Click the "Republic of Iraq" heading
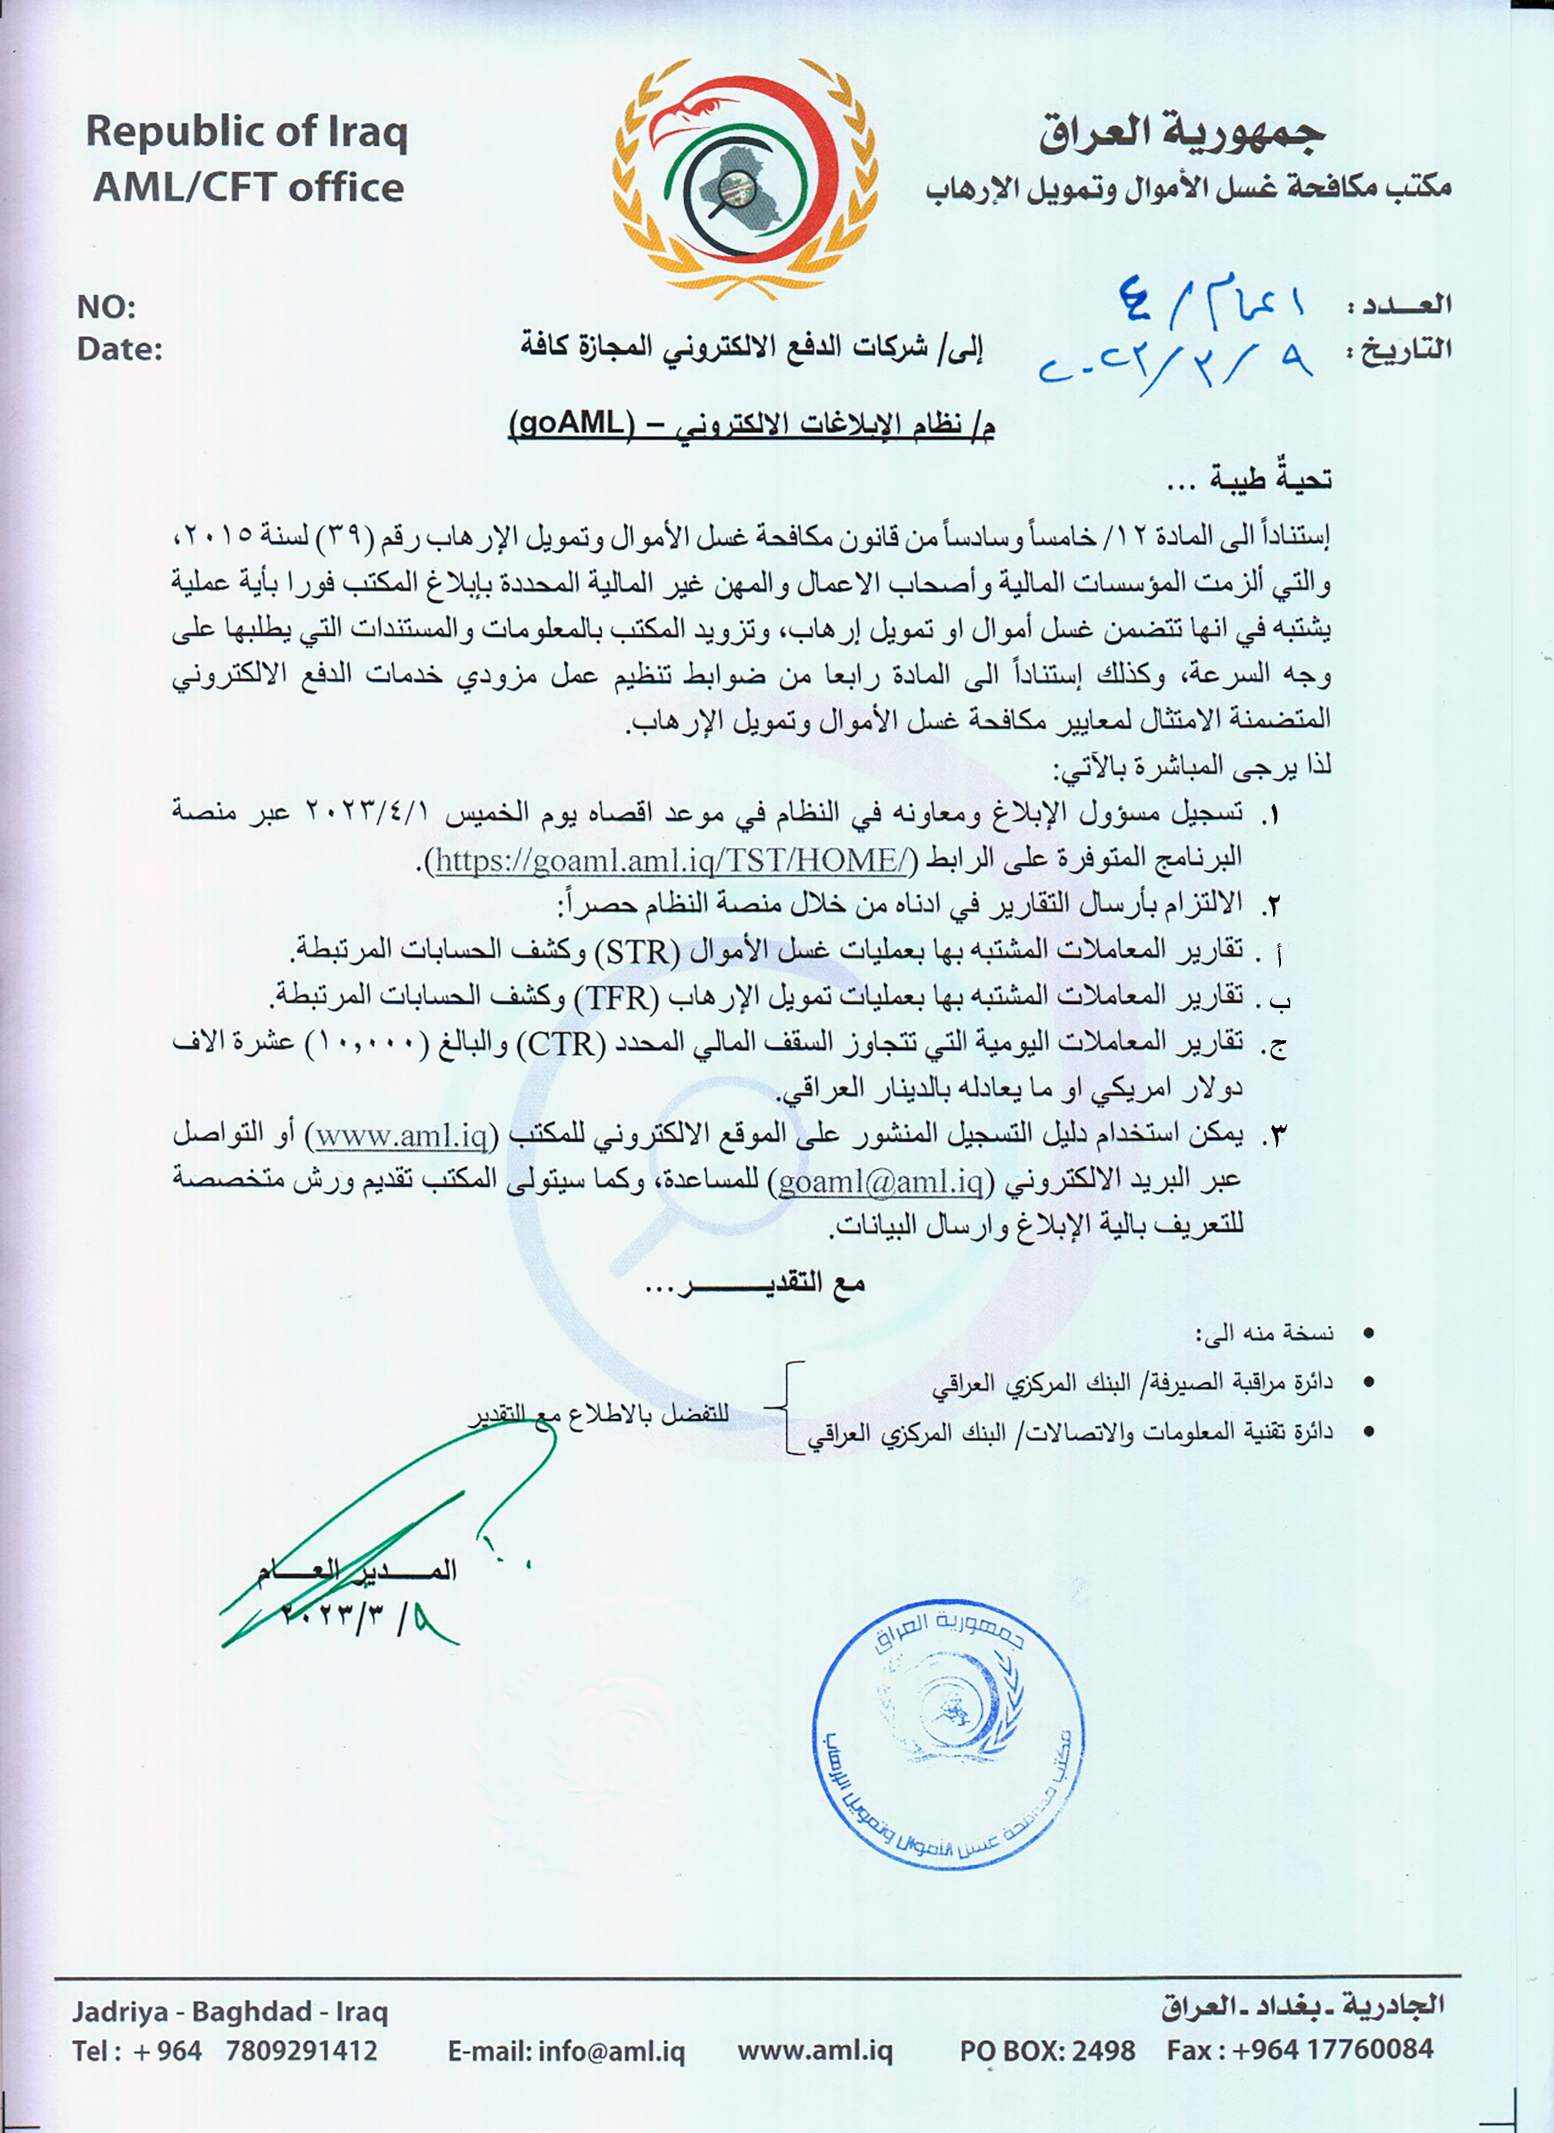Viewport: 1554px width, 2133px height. point(246,132)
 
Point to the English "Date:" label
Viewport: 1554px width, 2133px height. point(119,349)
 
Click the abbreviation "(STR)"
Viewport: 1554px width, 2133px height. point(636,952)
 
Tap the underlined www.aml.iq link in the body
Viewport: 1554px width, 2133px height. point(401,1136)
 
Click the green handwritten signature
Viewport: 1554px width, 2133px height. point(386,1533)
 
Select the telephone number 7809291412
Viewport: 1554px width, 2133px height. point(301,2050)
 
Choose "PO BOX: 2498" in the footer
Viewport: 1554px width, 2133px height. point(1047,2050)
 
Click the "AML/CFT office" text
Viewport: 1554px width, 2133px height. point(249,187)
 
